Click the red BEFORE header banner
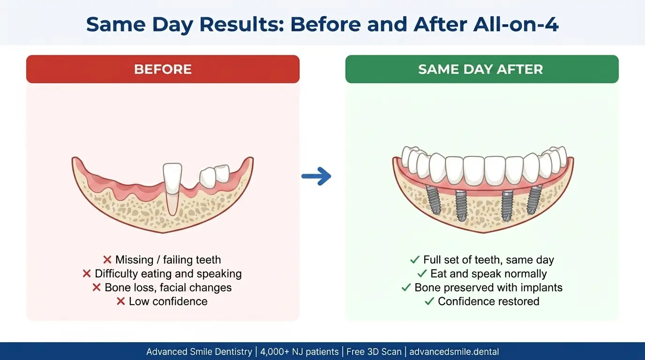(x=163, y=69)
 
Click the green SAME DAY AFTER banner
(x=481, y=69)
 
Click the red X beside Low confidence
(x=121, y=301)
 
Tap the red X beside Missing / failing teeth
(x=107, y=260)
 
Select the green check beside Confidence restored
(x=429, y=301)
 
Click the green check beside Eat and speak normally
(x=421, y=274)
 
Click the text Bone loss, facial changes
(x=168, y=287)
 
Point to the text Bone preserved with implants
(x=488, y=287)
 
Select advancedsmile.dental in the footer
(x=454, y=352)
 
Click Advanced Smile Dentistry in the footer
(x=199, y=352)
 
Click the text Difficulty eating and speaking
(x=168, y=274)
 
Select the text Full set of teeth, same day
(x=488, y=260)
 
